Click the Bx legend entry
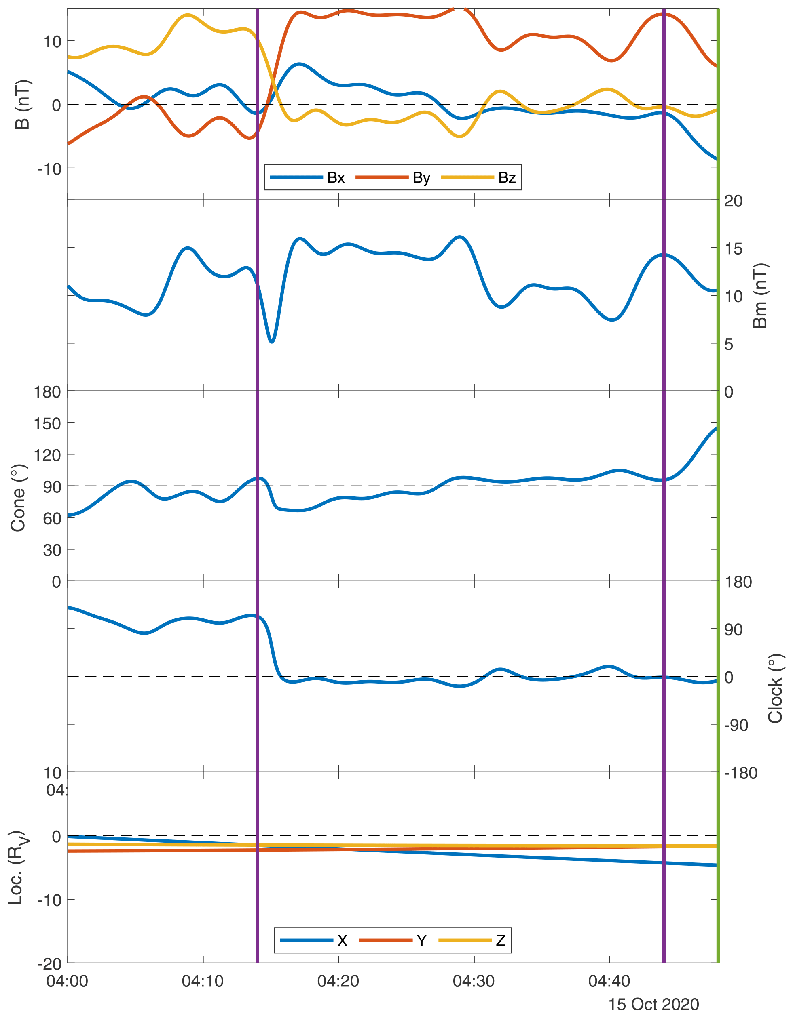[335, 178]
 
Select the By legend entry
[421, 178]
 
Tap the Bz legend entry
[507, 178]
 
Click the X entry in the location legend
[343, 940]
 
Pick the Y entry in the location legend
[422, 940]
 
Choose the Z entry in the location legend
[501, 940]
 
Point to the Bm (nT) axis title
[761, 296]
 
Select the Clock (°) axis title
[775, 688]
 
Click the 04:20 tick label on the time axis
[338, 981]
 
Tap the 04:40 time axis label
[609, 981]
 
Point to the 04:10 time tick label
[203, 981]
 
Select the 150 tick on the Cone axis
[48, 423]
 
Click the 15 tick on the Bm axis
[733, 248]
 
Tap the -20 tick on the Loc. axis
[49, 963]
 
